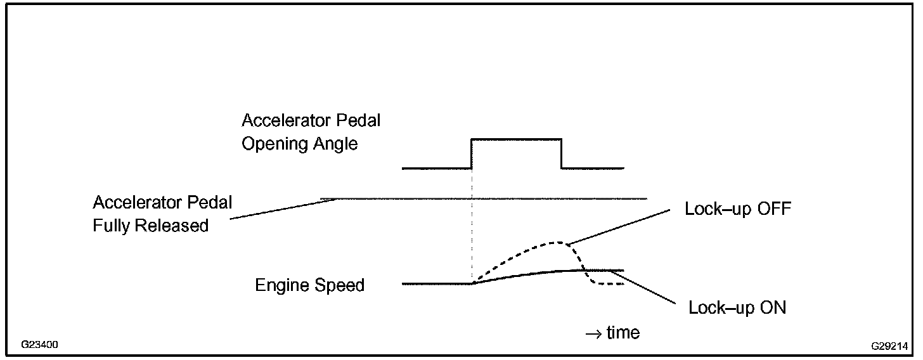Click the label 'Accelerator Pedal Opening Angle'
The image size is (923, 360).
pyautogui.click(x=311, y=132)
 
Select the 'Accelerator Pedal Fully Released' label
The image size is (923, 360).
pyautogui.click(x=162, y=214)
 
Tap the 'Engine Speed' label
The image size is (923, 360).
pyautogui.click(x=309, y=285)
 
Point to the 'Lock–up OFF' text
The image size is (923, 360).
pyautogui.click(x=738, y=209)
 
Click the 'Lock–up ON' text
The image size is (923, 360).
pyautogui.click(x=737, y=308)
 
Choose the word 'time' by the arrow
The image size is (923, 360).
pyautogui.click(x=623, y=332)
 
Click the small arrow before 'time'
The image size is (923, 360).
pyautogui.click(x=593, y=333)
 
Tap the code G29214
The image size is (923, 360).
pyautogui.click(x=889, y=346)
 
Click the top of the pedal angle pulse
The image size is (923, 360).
pyautogui.click(x=516, y=139)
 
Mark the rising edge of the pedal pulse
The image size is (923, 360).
pyautogui.click(x=472, y=153)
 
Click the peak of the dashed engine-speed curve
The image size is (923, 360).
pyautogui.click(x=557, y=242)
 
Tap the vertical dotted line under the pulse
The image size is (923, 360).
pyautogui.click(x=472, y=228)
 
